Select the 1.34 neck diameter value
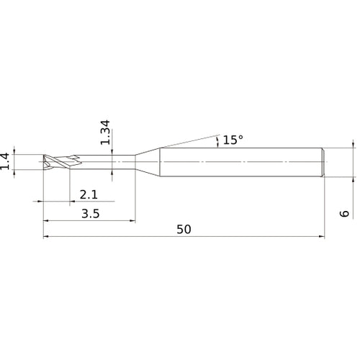[x=106, y=134]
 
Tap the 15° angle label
[x=233, y=140]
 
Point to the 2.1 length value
[x=88, y=194]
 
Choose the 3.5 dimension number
[x=90, y=213]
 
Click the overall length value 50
[x=184, y=229]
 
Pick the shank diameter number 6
[x=345, y=213]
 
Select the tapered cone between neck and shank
[x=148, y=161]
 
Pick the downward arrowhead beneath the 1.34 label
[x=112, y=153]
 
